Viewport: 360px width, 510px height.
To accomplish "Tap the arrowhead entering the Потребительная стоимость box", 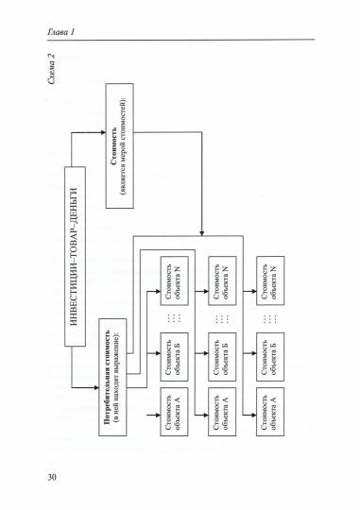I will coord(99,385).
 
